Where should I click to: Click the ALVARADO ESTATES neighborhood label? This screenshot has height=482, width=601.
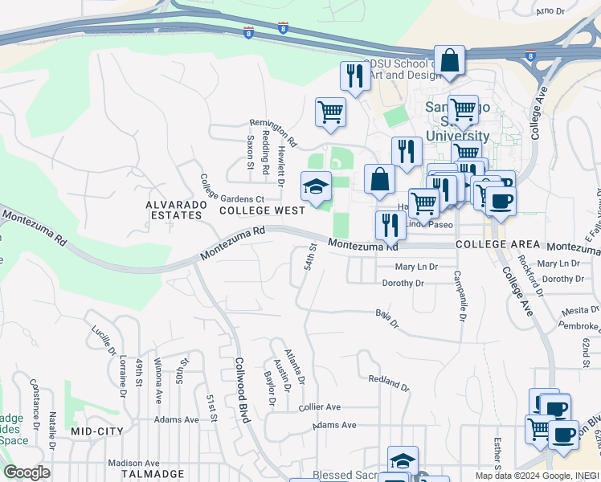(174, 210)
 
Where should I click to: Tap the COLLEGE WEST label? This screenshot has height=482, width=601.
(262, 210)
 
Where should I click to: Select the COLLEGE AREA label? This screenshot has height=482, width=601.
(492, 244)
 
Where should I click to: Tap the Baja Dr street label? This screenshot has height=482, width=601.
(387, 318)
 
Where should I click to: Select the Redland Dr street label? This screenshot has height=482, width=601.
(389, 383)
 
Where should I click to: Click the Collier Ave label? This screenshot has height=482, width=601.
(320, 407)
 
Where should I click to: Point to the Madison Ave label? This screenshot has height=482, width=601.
(134, 464)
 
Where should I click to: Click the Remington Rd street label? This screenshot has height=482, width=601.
(273, 133)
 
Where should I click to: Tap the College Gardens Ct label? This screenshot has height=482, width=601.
(232, 188)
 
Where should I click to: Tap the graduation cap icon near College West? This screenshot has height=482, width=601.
(317, 187)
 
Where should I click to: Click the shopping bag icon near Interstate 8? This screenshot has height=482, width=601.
(450, 59)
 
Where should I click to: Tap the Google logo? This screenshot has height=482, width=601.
(27, 473)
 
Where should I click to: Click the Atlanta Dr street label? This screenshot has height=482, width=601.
(295, 366)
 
